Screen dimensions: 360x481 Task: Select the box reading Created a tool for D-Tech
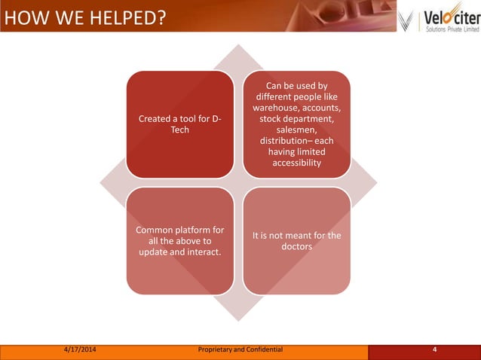(x=179, y=124)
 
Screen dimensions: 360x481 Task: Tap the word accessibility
(x=296, y=163)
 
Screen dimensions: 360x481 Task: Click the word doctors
(x=296, y=247)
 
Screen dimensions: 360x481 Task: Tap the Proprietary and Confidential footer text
(x=240, y=349)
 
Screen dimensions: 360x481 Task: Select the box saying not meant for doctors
(x=296, y=241)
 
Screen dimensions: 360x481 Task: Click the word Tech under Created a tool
(x=179, y=130)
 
